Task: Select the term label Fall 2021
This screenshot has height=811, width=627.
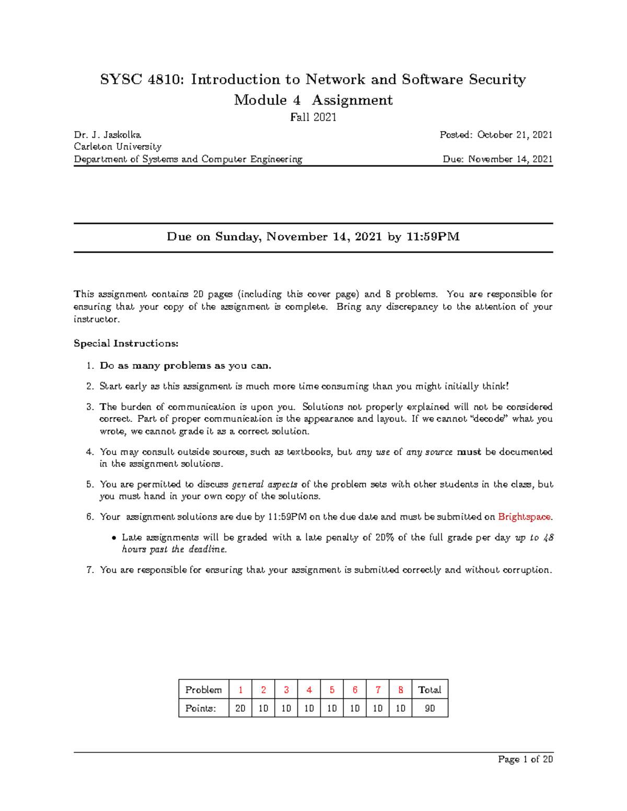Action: point(313,117)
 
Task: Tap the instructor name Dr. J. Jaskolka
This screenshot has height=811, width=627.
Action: point(107,135)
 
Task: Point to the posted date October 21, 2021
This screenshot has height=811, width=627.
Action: point(515,135)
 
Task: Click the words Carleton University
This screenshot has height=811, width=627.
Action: point(118,147)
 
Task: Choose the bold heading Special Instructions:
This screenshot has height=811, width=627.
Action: point(126,344)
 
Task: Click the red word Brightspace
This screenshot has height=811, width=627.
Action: point(524,517)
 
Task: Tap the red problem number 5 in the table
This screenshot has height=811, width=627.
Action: point(332,690)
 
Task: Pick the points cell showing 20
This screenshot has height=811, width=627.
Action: point(240,709)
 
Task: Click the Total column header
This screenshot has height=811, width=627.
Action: point(429,690)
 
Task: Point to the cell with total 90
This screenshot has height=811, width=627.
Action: point(429,709)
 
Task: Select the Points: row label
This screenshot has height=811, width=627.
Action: point(200,709)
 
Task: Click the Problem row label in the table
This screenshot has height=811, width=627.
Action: point(203,690)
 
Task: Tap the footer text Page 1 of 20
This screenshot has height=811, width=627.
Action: point(525,759)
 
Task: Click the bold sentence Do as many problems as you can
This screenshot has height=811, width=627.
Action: point(185,366)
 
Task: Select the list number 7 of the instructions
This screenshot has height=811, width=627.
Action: point(90,570)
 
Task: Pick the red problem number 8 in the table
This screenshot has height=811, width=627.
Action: point(401,690)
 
